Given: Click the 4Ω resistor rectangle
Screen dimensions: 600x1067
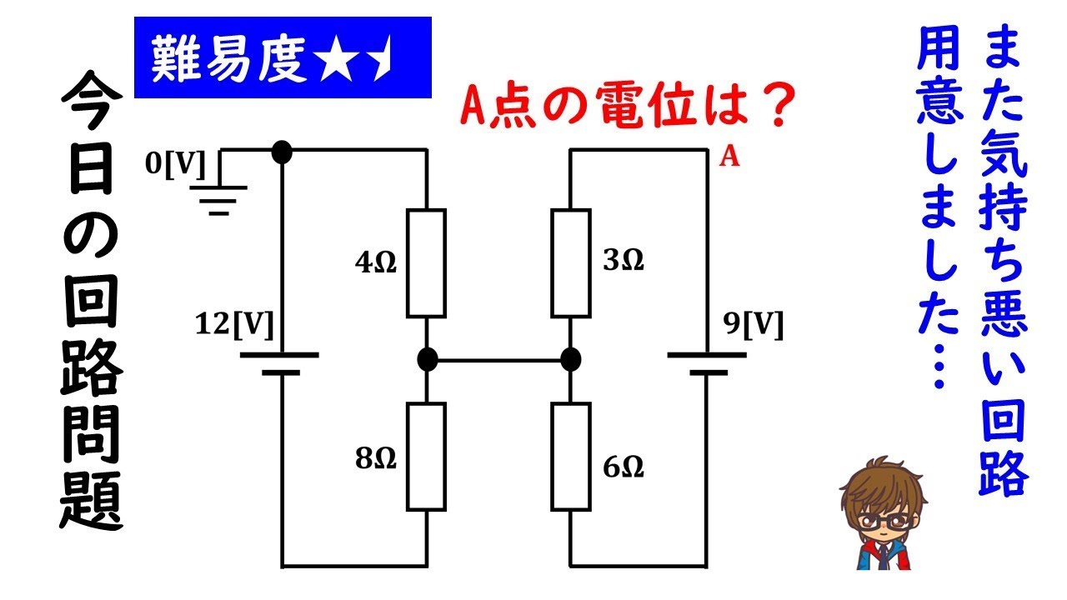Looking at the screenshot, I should pyautogui.click(x=426, y=263).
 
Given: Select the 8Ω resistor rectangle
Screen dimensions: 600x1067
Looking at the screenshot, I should pyautogui.click(x=426, y=456).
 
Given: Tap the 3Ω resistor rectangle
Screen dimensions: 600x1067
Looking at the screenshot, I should pyautogui.click(x=571, y=263).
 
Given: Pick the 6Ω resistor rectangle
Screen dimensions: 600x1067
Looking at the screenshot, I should pyautogui.click(x=571, y=456).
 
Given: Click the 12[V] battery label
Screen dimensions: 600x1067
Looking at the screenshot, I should pyautogui.click(x=233, y=325).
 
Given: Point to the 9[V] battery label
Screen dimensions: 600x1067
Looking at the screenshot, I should pyautogui.click(x=754, y=325).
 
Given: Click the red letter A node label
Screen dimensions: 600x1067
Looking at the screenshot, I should pyautogui.click(x=729, y=158).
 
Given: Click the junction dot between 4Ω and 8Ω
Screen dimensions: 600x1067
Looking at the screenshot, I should pyautogui.click(x=427, y=360).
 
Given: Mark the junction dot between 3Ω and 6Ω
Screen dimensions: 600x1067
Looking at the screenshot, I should pyautogui.click(x=571, y=360).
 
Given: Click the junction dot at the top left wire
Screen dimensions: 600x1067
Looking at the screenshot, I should pyautogui.click(x=282, y=152).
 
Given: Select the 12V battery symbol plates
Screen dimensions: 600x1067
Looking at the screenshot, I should pyautogui.click(x=280, y=363).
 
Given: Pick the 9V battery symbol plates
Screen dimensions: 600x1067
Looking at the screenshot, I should pyautogui.click(x=707, y=363).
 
